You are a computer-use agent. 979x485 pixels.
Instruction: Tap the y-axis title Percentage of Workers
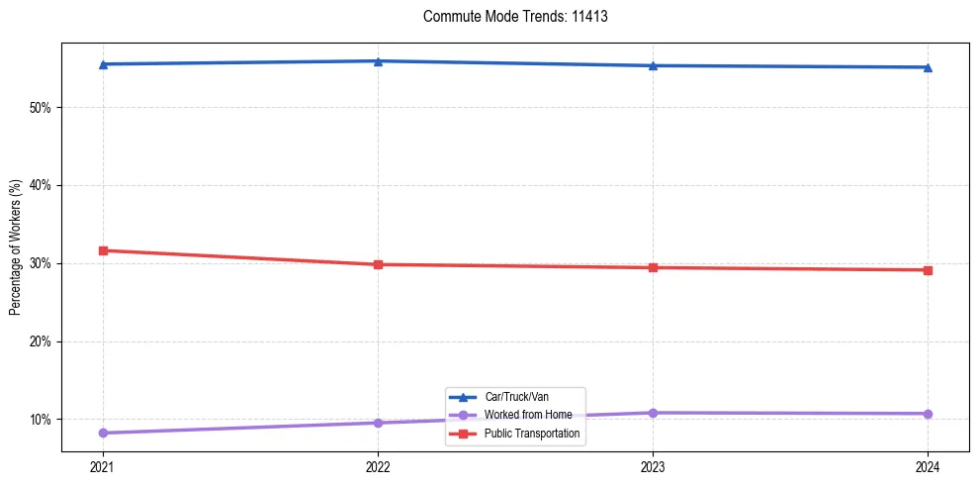16,247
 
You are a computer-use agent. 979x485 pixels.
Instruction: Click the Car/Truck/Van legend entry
510,397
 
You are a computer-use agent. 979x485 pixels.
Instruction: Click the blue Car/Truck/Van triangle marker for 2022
378,61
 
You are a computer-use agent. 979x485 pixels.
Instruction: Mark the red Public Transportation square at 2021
103,250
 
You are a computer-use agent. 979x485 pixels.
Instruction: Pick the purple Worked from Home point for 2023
653,413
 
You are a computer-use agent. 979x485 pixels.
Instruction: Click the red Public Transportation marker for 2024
928,270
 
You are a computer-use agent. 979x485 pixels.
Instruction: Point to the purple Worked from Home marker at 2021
103,433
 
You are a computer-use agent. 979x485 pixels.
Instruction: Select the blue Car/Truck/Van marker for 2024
928,67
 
